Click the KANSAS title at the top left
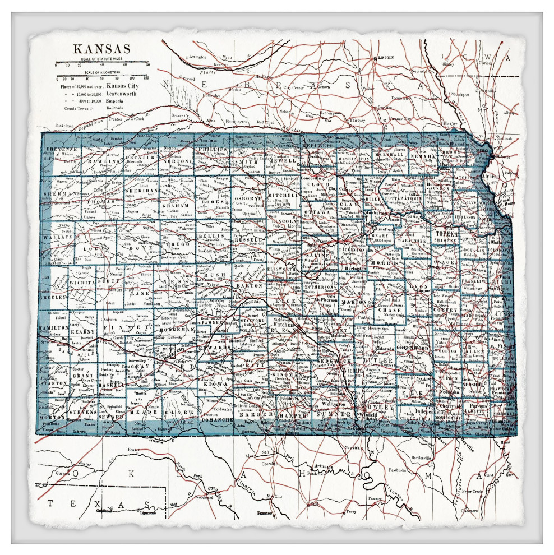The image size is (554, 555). click(101, 49)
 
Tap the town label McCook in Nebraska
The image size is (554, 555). click(136, 119)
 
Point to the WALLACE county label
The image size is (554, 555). click(58, 237)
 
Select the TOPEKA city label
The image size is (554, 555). click(449, 232)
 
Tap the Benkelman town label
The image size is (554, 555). click(65, 126)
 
